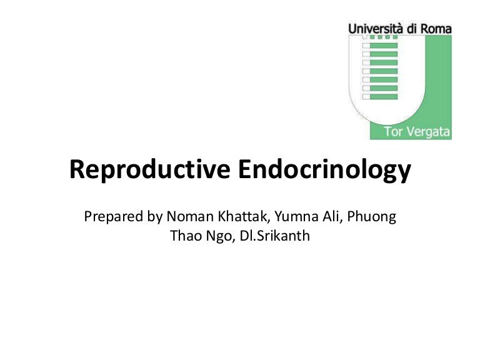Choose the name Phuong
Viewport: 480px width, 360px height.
click(375, 217)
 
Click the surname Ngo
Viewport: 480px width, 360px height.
click(219, 237)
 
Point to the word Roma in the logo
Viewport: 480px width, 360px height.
click(436, 28)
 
